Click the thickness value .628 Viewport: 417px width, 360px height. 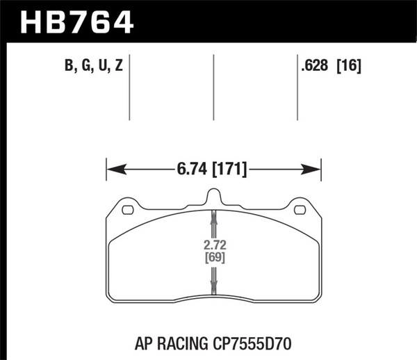pyautogui.click(x=315, y=67)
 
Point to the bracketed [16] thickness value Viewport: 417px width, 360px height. pyautogui.click(x=350, y=67)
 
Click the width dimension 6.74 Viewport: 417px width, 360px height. pyautogui.click(x=190, y=168)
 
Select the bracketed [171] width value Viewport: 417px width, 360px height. pyautogui.click(x=231, y=168)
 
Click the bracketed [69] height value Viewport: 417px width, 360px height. pyautogui.click(x=213, y=258)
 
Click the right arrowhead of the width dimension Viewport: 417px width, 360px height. pyautogui.click(x=314, y=168)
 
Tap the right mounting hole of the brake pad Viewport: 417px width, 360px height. pyautogui.click(x=300, y=210)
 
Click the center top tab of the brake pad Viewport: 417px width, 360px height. pyautogui.click(x=213, y=197)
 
